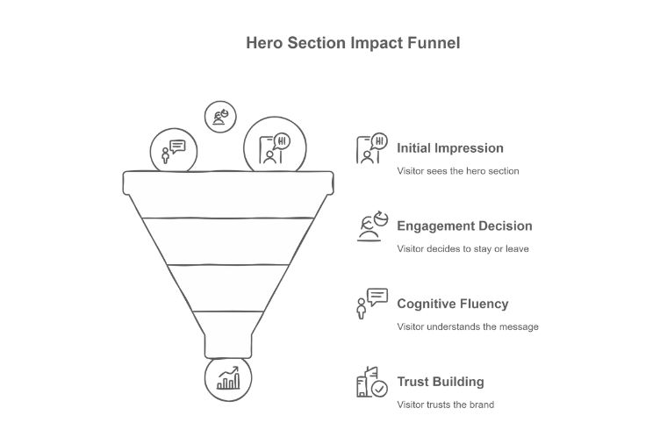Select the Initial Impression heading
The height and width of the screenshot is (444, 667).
[449, 148]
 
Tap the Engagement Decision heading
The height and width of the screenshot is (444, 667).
[464, 226]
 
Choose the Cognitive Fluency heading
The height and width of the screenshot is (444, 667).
[452, 304]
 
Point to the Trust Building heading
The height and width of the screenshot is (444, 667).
[440, 382]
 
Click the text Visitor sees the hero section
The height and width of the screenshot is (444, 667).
[457, 171]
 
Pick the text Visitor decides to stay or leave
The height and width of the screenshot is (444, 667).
[463, 248]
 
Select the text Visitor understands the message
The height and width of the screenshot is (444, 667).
[467, 326]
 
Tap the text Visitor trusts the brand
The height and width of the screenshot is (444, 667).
[445, 405]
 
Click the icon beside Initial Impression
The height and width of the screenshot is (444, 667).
[371, 149]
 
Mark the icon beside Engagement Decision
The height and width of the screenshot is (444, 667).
[371, 226]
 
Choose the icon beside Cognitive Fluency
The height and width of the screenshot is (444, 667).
[371, 304]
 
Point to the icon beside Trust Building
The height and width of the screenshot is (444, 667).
[371, 383]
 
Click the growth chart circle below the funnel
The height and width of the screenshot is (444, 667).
[227, 378]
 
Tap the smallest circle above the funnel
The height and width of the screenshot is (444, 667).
[220, 116]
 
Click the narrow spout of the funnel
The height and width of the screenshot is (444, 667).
[227, 344]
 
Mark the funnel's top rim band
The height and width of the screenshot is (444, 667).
[227, 183]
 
